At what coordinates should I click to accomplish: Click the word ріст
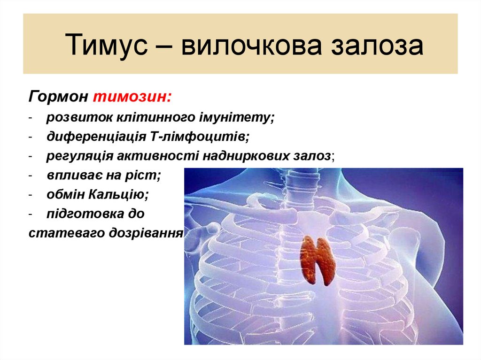click(x=147, y=175)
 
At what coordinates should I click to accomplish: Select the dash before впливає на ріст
click(x=30, y=176)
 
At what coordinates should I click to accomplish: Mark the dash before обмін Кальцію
click(x=30, y=195)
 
